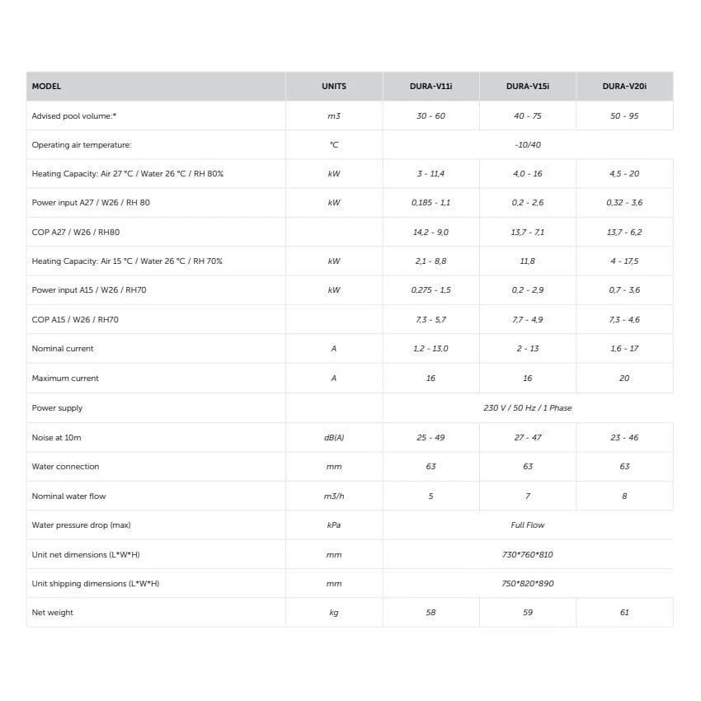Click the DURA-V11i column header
[x=430, y=87]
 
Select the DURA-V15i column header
[x=528, y=87]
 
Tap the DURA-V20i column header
[x=624, y=87]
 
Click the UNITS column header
[x=334, y=87]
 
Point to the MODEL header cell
[x=46, y=87]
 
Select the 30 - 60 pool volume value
[x=430, y=116]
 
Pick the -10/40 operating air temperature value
[x=528, y=145]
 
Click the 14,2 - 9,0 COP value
[x=430, y=233]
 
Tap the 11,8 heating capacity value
[x=528, y=261]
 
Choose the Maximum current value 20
[x=624, y=379]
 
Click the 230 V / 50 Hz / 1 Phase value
[x=528, y=408]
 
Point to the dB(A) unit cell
[x=334, y=438]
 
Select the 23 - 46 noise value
[x=624, y=438]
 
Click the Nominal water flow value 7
[x=528, y=496]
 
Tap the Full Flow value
[x=528, y=525]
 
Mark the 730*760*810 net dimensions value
[x=528, y=555]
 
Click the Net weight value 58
[x=430, y=613]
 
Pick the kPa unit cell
[x=334, y=525]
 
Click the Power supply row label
[x=58, y=408]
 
